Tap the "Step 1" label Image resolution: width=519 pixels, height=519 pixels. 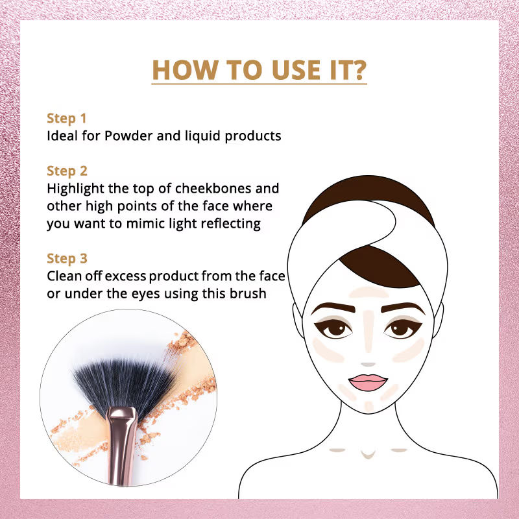67,119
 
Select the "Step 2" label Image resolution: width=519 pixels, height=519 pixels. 67,171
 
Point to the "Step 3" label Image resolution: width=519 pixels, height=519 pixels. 67,259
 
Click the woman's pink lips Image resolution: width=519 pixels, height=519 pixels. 367,380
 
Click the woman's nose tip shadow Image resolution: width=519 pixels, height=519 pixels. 368,365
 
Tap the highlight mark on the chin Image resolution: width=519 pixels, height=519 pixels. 368,406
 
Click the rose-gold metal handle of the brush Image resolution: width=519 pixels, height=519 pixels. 120,448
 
